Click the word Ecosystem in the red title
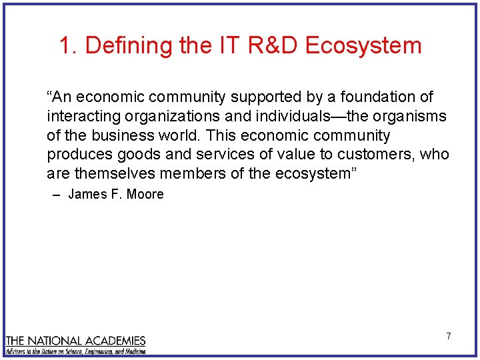click(x=364, y=45)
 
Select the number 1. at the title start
click(x=69, y=45)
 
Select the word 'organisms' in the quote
click(x=411, y=117)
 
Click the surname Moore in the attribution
click(x=147, y=195)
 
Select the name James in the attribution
click(x=85, y=195)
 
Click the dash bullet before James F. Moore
click(x=56, y=195)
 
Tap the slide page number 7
click(x=448, y=336)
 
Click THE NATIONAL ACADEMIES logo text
click(x=75, y=341)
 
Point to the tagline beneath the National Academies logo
click(x=75, y=351)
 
